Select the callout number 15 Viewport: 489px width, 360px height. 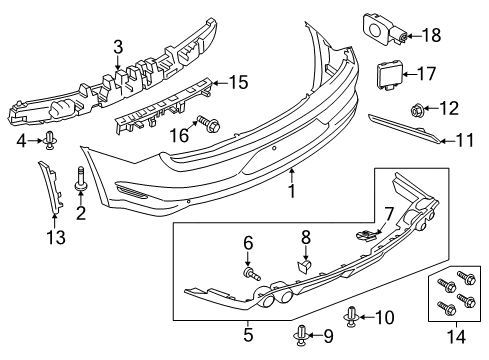(238, 82)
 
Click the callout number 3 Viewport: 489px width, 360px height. (118, 45)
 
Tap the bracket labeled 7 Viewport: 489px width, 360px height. (368, 234)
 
